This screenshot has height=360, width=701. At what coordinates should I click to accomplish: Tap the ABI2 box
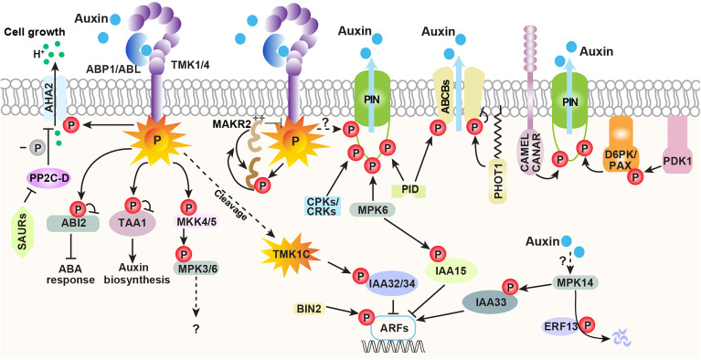coord(72,223)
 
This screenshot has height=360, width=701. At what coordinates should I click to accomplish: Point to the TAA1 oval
coord(132,224)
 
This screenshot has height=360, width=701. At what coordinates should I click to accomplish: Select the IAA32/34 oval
coord(392,283)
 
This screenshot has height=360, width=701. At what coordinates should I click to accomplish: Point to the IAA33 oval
coord(490,302)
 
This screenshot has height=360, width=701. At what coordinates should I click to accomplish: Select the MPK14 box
coord(575,282)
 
